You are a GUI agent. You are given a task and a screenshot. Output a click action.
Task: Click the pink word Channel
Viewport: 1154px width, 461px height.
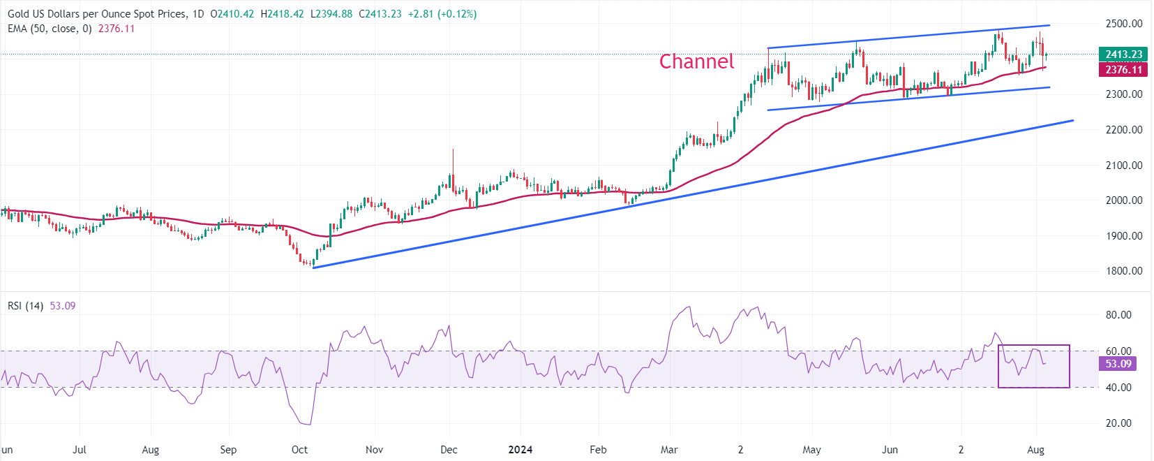(x=696, y=61)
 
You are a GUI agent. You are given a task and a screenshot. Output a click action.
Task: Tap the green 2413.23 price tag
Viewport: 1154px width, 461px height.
(x=1123, y=54)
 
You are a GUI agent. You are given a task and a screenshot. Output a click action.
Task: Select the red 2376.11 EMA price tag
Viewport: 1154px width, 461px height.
(x=1123, y=69)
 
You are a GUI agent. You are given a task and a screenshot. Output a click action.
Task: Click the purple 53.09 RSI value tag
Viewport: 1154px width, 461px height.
(x=1118, y=364)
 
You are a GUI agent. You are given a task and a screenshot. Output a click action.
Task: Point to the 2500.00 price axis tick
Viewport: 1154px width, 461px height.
(x=1123, y=24)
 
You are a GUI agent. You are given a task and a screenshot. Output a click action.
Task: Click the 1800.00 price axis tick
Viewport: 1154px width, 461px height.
(x=1123, y=271)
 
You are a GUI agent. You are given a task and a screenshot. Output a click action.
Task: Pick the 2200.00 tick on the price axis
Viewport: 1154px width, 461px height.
(x=1123, y=130)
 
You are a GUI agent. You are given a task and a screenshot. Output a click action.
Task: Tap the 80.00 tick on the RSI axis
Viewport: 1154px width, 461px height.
(x=1118, y=315)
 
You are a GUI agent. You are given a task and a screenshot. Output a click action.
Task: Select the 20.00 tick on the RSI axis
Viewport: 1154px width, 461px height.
(x=1118, y=423)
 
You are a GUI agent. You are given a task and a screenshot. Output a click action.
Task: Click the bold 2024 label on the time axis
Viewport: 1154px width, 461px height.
(x=520, y=450)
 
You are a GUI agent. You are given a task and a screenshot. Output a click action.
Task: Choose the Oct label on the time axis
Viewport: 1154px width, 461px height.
(x=299, y=450)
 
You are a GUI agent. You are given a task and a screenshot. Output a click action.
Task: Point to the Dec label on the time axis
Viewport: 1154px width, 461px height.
(x=449, y=450)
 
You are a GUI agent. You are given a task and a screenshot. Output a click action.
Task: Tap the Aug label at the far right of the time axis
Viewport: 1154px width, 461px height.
(x=1035, y=450)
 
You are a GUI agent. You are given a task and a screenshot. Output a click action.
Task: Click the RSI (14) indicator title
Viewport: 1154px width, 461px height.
(x=26, y=306)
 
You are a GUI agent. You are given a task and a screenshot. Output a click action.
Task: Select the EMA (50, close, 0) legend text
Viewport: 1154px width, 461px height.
(x=50, y=29)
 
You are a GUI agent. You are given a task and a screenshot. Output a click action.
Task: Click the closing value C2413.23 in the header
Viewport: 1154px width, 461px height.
(x=380, y=14)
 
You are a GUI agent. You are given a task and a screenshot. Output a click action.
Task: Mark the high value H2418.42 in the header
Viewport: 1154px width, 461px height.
(x=283, y=14)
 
